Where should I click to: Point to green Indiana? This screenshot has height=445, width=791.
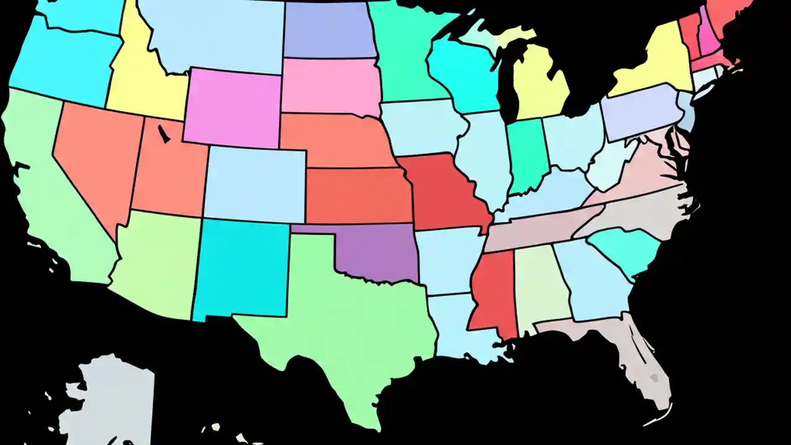[525, 155]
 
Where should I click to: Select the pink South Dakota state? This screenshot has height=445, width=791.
[331, 87]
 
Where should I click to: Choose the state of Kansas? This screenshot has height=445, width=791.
[358, 195]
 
